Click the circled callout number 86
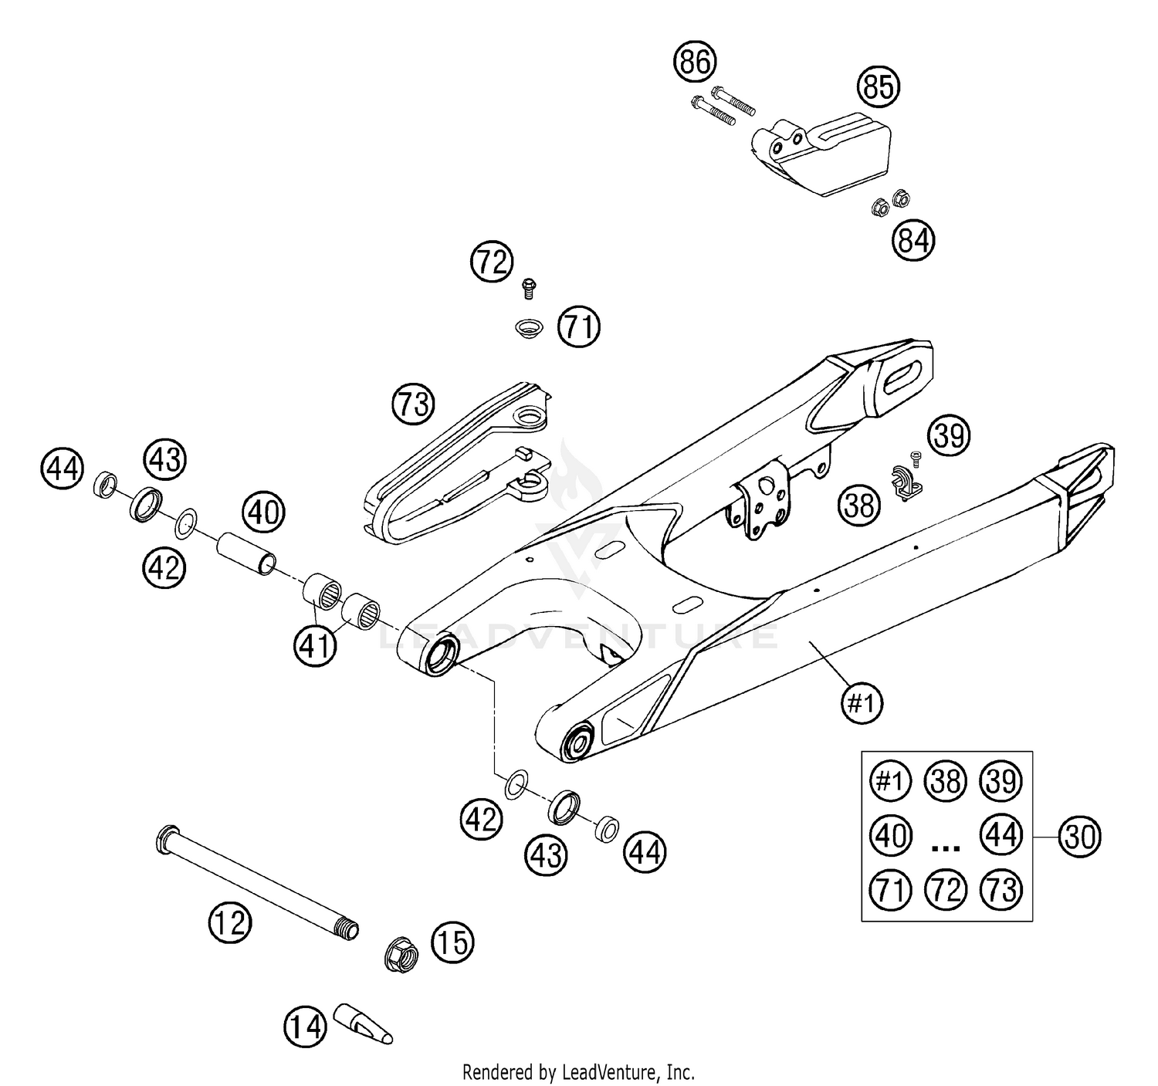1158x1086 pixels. (695, 61)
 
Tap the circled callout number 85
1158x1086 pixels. (879, 86)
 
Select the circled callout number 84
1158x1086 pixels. (913, 241)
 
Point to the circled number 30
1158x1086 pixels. (1079, 836)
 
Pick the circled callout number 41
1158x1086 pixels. (315, 645)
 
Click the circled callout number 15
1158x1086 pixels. (452, 942)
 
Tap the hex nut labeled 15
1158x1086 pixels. (401, 955)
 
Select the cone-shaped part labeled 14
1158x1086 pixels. (363, 1023)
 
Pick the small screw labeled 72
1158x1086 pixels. (529, 287)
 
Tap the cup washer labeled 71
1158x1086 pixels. (530, 327)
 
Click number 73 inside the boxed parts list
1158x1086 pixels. (1001, 890)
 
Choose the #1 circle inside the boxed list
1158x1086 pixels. (890, 781)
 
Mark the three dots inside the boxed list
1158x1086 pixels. (946, 847)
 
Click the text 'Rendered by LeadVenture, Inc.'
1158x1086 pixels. (578, 1072)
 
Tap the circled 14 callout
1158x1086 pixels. (306, 1027)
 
